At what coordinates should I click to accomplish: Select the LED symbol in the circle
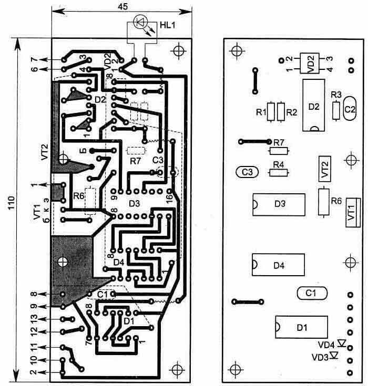tap(140, 22)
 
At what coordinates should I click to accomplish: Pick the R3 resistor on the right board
tap(336, 109)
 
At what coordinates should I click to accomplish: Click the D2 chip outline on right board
tap(314, 106)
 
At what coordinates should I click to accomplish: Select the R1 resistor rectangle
tap(271, 111)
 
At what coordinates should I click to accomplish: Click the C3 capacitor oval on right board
tap(248, 172)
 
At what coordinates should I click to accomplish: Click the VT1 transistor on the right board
tap(351, 212)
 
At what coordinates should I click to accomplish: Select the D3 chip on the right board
tap(279, 204)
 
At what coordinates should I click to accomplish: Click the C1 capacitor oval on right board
tap(312, 291)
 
